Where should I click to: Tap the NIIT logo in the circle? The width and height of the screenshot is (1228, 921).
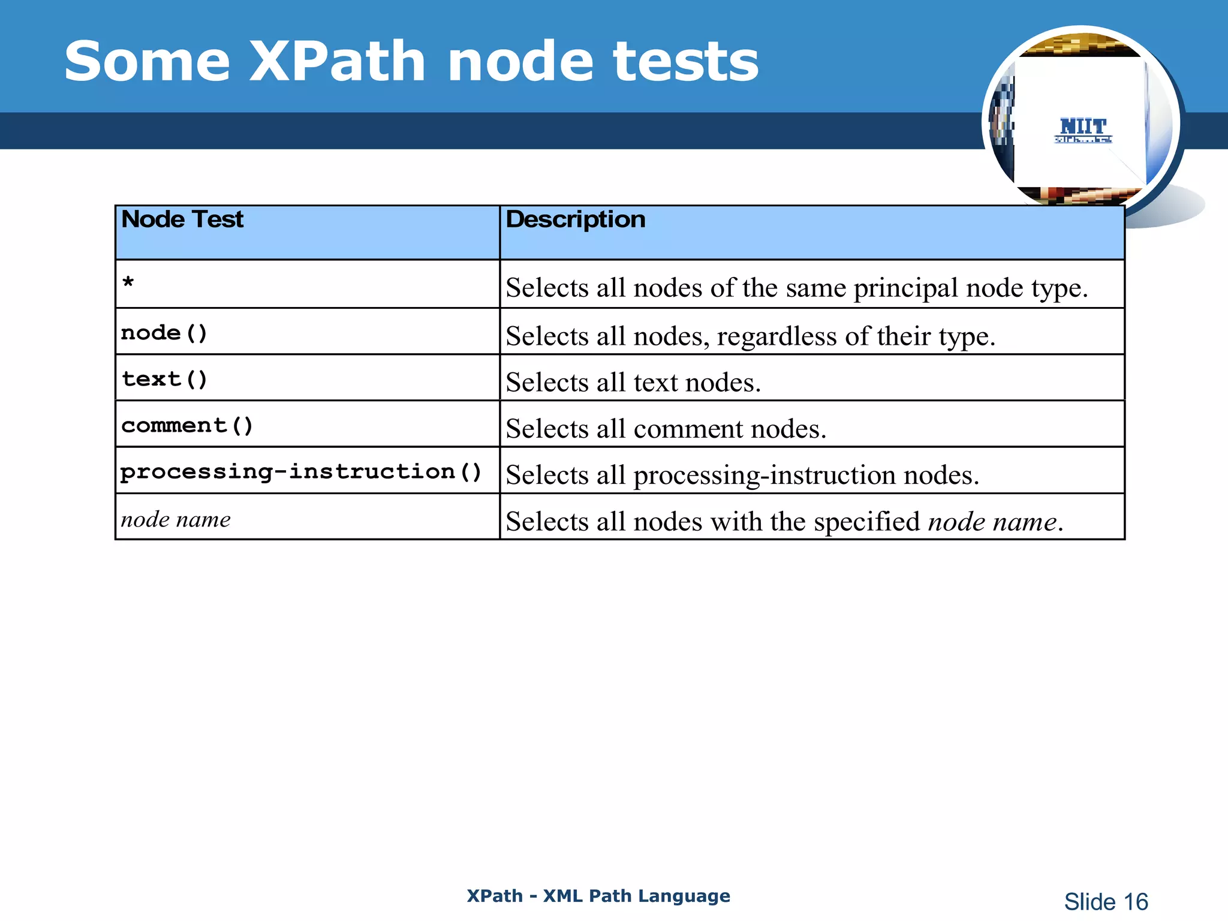[x=1083, y=130]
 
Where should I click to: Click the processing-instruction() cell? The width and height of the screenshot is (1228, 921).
[x=301, y=471]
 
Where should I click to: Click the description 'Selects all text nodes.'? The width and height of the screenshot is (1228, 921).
[x=633, y=383]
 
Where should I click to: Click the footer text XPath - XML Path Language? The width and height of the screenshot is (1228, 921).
[x=598, y=896]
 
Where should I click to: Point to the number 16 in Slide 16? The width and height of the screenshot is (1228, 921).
[x=1135, y=902]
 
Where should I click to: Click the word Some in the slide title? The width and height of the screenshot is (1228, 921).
[x=148, y=61]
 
